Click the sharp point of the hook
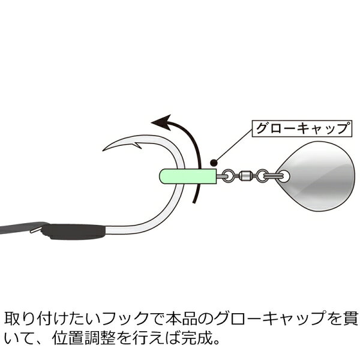pos(103,151)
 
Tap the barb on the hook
pos(137,146)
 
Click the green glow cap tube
pos(188,176)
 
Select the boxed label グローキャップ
pos(302,128)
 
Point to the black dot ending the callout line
pos(214,163)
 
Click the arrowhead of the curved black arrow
pos(162,122)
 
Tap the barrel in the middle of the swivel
pos(245,176)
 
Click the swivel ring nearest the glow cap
pos(228,176)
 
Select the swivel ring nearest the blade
pos(262,176)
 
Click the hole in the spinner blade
pos(284,176)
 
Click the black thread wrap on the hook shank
pos(73,232)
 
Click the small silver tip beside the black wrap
pos(36,230)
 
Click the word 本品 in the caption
pos(183,319)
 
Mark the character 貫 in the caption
pos(351,319)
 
